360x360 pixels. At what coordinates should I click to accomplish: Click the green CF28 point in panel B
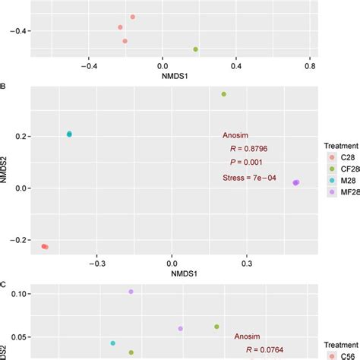tap(223, 94)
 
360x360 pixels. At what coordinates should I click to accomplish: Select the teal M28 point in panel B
tap(69, 134)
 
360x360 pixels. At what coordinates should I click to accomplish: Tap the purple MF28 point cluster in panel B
tap(295, 182)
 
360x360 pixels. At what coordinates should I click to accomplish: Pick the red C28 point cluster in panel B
tap(44, 246)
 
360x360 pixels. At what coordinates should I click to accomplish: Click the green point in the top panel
tap(196, 49)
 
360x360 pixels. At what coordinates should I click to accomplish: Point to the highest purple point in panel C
tap(131, 292)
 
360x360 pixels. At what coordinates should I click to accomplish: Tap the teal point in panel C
tap(113, 343)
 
